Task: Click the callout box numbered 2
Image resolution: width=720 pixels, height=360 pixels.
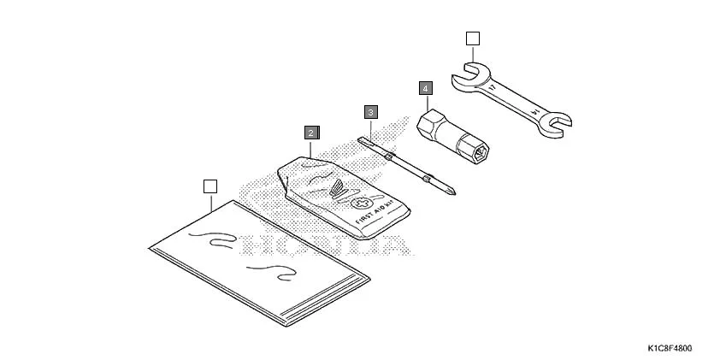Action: pyautogui.click(x=312, y=133)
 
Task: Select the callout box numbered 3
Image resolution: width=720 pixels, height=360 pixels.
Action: pyautogui.click(x=369, y=112)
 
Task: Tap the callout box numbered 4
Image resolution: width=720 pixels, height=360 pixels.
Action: pyautogui.click(x=426, y=88)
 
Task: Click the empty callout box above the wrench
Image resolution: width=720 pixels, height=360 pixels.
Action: pyautogui.click(x=473, y=38)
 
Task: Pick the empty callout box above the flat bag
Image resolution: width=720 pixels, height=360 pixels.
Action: pyautogui.click(x=211, y=186)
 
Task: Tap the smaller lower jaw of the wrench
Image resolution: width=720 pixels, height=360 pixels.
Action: pyautogui.click(x=556, y=122)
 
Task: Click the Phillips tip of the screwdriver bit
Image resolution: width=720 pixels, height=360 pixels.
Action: pyautogui.click(x=451, y=191)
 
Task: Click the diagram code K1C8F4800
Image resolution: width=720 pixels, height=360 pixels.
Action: pyautogui.click(x=670, y=349)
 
